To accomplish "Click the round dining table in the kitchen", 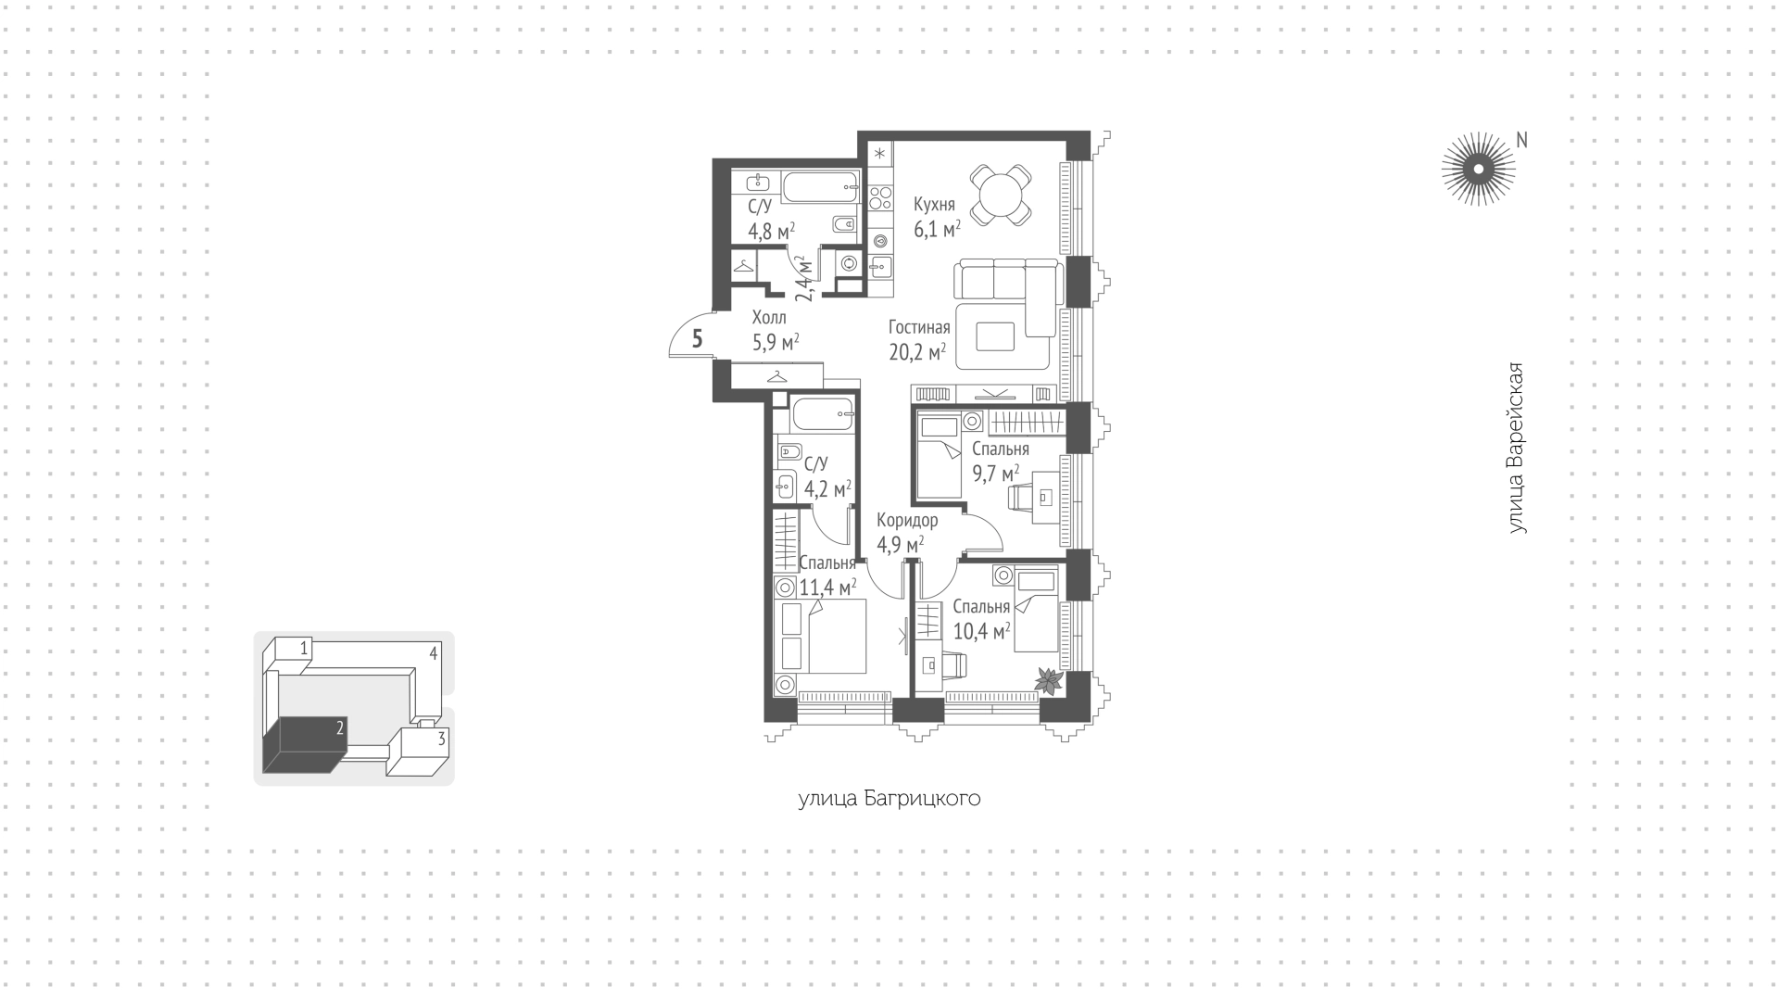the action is (1001, 195).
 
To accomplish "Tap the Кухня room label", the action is (934, 204).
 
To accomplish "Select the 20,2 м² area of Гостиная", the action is (917, 352).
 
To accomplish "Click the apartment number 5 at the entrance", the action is (698, 339).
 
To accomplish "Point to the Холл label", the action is (769, 317).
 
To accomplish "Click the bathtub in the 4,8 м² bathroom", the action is (822, 187).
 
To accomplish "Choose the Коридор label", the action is (907, 521).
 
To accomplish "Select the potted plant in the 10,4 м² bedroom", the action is (1049, 681).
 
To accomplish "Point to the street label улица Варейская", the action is (1515, 448).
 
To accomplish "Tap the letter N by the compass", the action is (1520, 140).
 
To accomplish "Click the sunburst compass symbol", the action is (1478, 169).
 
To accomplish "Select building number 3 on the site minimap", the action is (442, 739).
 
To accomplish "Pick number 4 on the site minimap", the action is (433, 653).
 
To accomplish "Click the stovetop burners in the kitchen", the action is (880, 197).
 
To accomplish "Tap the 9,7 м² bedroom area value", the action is (995, 474).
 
